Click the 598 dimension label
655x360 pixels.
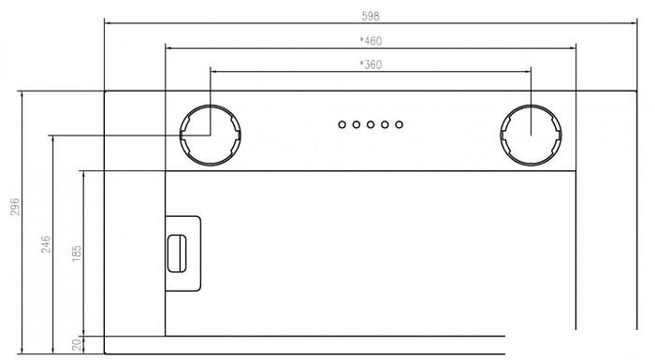point(371,16)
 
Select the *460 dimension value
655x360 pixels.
point(371,41)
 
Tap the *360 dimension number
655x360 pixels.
point(371,65)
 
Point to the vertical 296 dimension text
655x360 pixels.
point(15,207)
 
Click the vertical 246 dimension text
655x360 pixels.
point(46,244)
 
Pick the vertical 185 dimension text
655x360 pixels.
point(77,253)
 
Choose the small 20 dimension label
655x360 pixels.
point(77,344)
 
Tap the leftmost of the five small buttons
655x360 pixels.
point(342,124)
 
